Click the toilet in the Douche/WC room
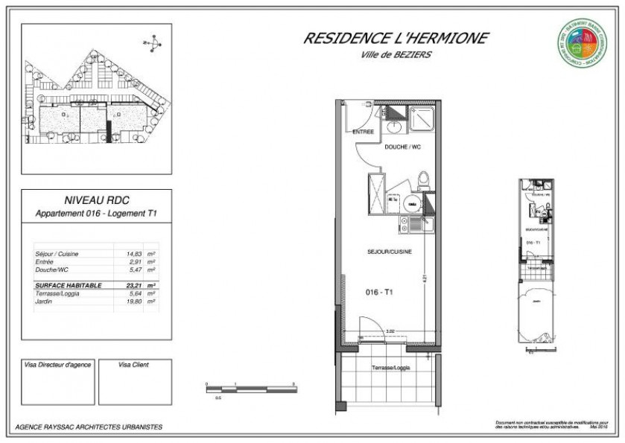coord(423,179)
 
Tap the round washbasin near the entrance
coord(393,127)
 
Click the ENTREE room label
coord(363,132)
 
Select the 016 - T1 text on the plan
coord(380,293)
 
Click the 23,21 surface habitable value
coord(134,285)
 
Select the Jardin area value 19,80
coord(134,302)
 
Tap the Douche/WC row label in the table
coord(52,270)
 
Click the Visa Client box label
coord(133,366)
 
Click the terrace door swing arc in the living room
coord(367,324)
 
